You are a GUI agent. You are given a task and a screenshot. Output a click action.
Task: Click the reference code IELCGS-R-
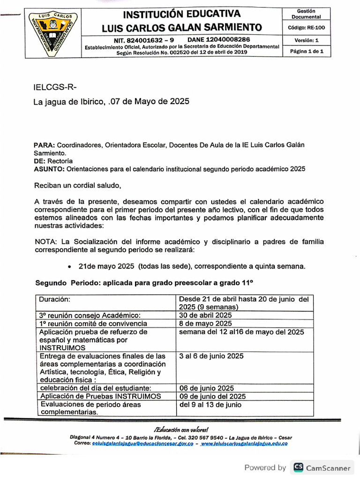(55, 88)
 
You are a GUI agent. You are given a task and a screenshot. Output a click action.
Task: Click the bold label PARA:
(45, 145)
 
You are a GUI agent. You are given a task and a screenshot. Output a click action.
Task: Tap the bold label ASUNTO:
(49, 168)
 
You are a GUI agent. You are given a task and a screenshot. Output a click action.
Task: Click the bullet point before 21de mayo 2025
(69, 267)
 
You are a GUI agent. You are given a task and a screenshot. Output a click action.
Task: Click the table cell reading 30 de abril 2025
(205, 315)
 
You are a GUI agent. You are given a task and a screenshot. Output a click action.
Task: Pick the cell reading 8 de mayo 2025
(205, 323)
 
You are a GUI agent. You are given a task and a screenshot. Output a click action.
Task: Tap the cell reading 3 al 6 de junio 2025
(211, 356)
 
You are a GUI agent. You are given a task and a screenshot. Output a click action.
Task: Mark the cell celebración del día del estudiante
(95, 388)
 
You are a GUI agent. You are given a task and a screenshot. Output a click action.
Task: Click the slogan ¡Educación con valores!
(181, 429)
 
